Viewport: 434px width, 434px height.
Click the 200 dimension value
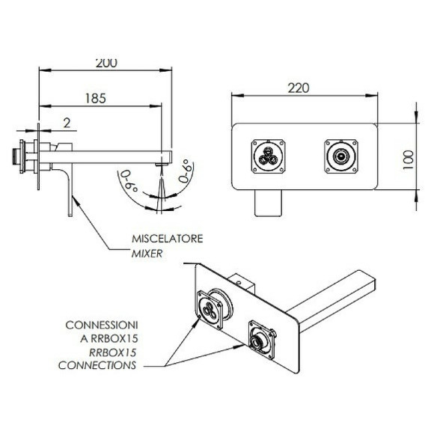[x=106, y=64]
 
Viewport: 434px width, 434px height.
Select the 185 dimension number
[x=96, y=98]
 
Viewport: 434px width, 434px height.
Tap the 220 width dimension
[x=299, y=88]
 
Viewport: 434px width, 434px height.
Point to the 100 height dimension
[x=408, y=160]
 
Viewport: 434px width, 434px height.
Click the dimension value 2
[x=67, y=123]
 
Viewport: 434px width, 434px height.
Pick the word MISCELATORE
[x=168, y=239]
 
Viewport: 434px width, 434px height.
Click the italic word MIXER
[x=147, y=254]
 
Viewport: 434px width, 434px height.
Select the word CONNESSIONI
[x=102, y=325]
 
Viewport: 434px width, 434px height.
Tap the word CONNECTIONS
[x=97, y=365]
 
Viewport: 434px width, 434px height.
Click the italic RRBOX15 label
[x=113, y=352]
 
